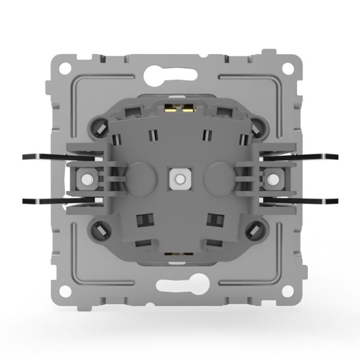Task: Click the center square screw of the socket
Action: coord(178,178)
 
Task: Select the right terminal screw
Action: coord(271,178)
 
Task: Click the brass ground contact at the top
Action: coord(178,109)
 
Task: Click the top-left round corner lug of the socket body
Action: coord(101,128)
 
